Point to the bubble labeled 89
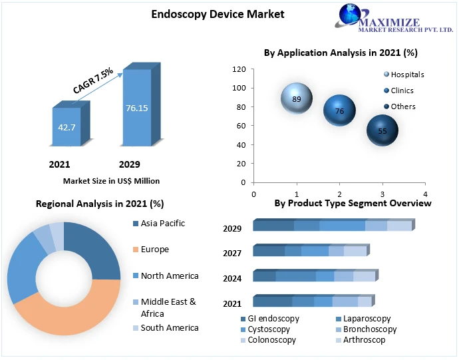pos(296,99)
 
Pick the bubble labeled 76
pos(339,110)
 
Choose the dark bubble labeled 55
pos(382,130)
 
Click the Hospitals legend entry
pos(406,75)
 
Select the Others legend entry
pos(402,106)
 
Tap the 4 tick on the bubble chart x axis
pos(424,194)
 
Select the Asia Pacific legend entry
pos(162,224)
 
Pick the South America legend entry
pos(169,327)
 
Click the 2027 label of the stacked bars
pos(232,254)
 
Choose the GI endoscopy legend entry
pos(273,319)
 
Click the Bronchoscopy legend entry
pos(369,329)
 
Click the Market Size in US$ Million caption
pos(111,180)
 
